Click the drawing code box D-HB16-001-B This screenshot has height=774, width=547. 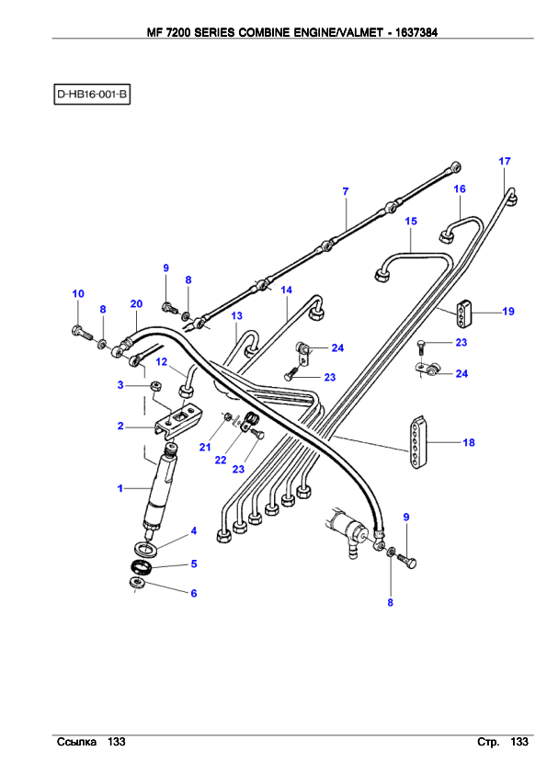coord(92,94)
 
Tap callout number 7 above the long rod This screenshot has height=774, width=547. coord(346,191)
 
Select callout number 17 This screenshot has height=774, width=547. coord(505,161)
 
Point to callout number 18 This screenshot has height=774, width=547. coord(469,442)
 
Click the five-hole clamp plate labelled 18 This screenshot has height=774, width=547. coord(417,442)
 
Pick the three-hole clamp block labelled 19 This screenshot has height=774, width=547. coord(464,312)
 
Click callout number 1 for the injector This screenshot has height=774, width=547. coord(120,488)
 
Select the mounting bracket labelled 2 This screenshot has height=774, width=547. coord(177,421)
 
